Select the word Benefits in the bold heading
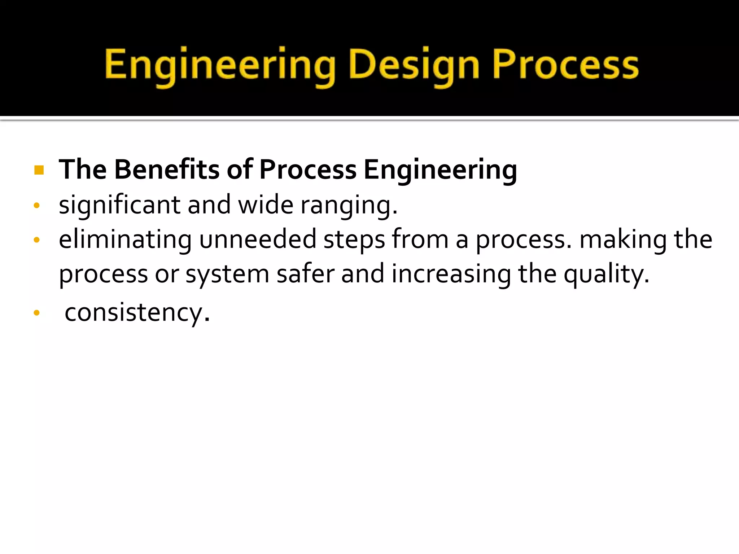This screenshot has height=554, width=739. click(167, 169)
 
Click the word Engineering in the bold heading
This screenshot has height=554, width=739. click(440, 169)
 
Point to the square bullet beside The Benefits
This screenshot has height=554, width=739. click(39, 170)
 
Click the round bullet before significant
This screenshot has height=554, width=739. click(36, 206)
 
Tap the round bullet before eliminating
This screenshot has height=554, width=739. click(36, 240)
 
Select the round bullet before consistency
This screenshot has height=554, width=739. click(36, 313)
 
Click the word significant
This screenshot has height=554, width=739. click(119, 205)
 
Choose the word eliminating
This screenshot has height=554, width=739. click(125, 239)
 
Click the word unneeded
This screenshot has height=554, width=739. click(258, 239)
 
